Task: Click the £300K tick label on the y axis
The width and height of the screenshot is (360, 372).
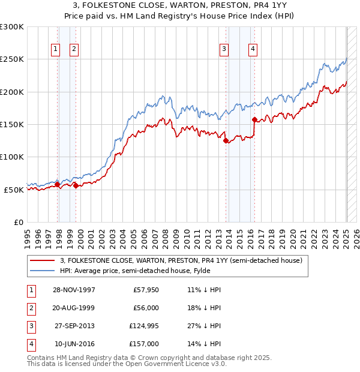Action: (12, 27)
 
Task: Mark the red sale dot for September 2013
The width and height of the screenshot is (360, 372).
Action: (226, 141)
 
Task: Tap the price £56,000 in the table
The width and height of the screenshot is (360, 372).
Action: (146, 308)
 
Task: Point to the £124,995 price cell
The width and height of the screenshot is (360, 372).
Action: (144, 326)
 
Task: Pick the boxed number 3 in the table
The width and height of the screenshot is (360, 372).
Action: (29, 326)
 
